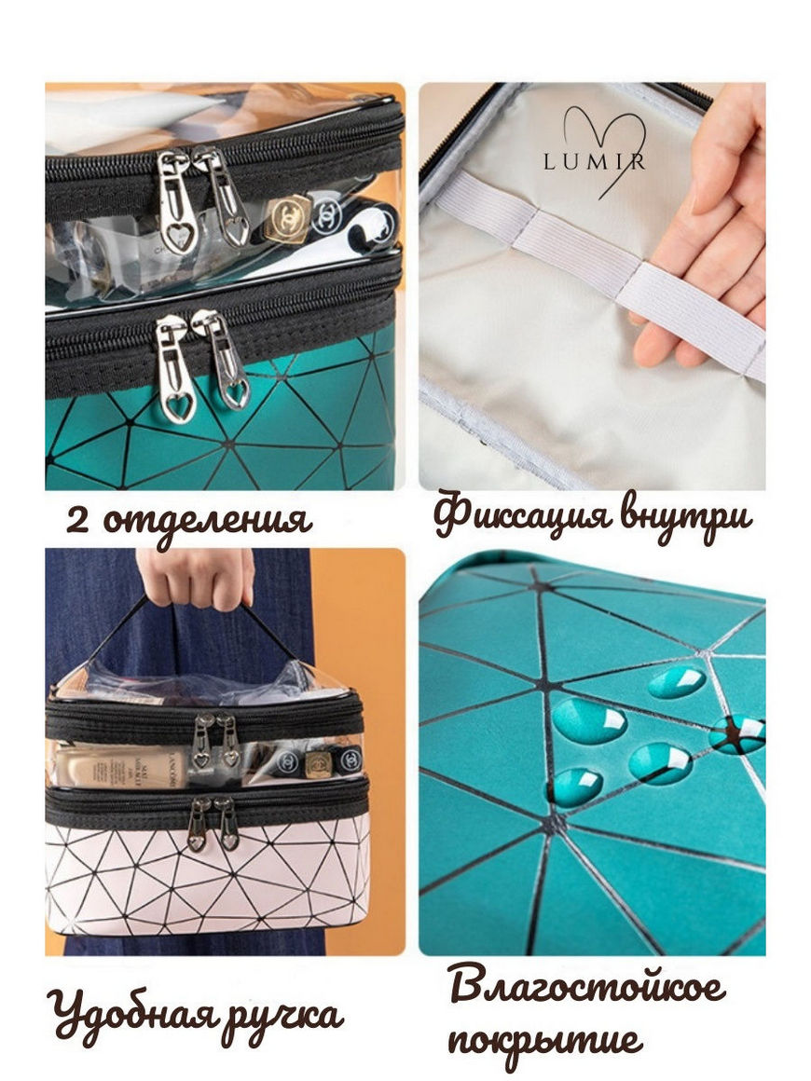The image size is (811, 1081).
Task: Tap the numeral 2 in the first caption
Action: click(77, 521)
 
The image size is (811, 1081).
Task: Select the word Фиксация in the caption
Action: click(524, 515)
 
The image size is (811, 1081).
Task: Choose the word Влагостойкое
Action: click(587, 987)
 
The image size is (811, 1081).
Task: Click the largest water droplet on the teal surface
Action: click(590, 721)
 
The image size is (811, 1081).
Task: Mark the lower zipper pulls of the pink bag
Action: click(213, 823)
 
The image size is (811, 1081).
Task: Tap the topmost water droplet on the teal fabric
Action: click(677, 682)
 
